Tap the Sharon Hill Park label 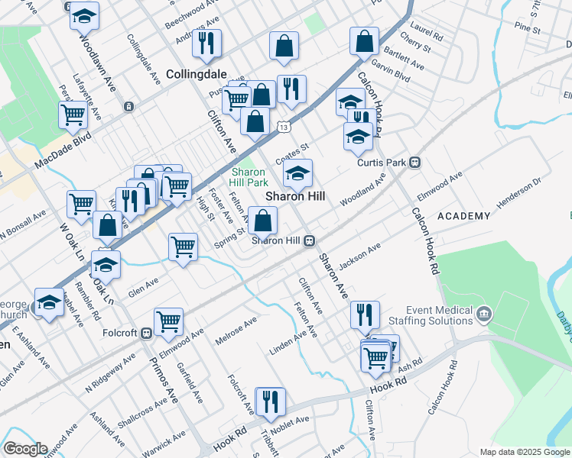click(x=249, y=177)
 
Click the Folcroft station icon click(x=145, y=334)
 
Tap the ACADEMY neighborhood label click(x=463, y=216)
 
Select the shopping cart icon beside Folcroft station click(x=168, y=321)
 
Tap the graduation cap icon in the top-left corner click(x=84, y=15)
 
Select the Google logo click(x=24, y=448)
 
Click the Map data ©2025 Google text click(x=524, y=452)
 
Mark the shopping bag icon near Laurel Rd click(x=365, y=40)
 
